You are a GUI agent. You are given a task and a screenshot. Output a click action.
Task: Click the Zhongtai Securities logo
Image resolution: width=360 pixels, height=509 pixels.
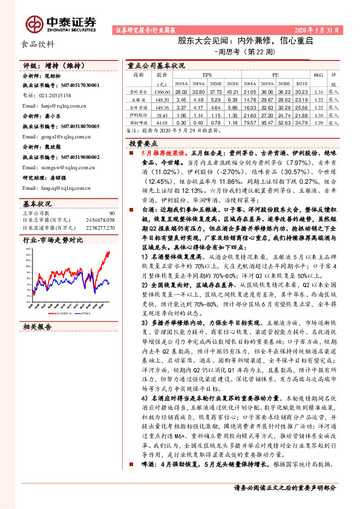click(x=61, y=23)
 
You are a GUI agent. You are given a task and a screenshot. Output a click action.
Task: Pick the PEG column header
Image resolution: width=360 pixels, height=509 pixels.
click(x=319, y=76)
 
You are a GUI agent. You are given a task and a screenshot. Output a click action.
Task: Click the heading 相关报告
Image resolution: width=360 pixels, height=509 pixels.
click(x=38, y=326)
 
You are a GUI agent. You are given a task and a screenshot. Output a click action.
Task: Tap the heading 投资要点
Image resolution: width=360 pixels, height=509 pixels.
click(x=143, y=143)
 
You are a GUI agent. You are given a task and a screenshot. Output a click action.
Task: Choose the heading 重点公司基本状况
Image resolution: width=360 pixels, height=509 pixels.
click(x=155, y=65)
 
